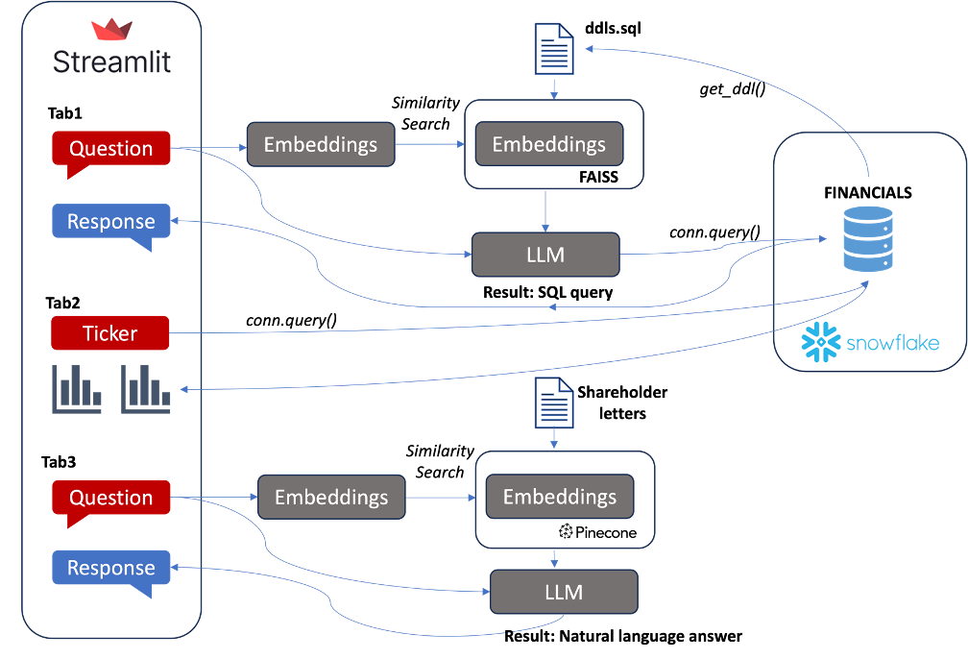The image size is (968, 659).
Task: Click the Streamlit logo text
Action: tap(111, 62)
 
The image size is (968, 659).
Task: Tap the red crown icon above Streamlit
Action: tap(111, 30)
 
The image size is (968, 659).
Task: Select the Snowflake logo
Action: tap(870, 342)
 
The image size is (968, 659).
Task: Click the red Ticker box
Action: tap(110, 333)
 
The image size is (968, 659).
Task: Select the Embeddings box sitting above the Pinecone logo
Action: tap(559, 497)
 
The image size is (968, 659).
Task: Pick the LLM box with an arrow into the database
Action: tap(545, 255)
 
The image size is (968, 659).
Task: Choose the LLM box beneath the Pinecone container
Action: tap(564, 592)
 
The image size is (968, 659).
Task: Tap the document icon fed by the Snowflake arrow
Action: tap(552, 48)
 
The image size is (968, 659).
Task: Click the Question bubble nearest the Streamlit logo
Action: tap(110, 149)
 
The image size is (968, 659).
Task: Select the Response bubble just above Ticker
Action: tap(110, 222)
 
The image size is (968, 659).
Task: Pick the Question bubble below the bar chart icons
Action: tap(110, 498)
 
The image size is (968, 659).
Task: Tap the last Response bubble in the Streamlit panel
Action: tap(110, 568)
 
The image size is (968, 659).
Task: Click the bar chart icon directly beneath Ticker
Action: tap(76, 389)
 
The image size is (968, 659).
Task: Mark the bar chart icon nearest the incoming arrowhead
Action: tap(146, 389)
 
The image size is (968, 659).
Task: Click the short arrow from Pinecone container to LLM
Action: tap(555, 559)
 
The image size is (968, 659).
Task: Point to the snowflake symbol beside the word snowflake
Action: tap(820, 343)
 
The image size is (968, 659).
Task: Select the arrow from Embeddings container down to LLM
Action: tap(545, 209)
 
